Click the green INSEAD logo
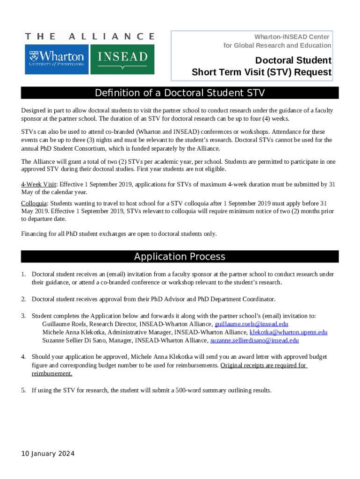[x=122, y=59]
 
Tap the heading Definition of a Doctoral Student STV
[x=180, y=93]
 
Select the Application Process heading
[x=180, y=256]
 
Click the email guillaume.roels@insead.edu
[x=251, y=324]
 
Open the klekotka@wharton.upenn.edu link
[x=288, y=332]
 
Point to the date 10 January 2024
[x=48, y=454]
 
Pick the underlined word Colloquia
[x=34, y=203]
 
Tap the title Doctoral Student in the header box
[x=293, y=60]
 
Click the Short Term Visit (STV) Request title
[x=261, y=73]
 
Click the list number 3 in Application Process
[x=23, y=316]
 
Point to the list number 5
[x=23, y=390]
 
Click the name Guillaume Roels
[x=64, y=324]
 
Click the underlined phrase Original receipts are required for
[x=263, y=365]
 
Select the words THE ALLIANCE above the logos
[x=89, y=36]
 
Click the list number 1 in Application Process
[x=23, y=274]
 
